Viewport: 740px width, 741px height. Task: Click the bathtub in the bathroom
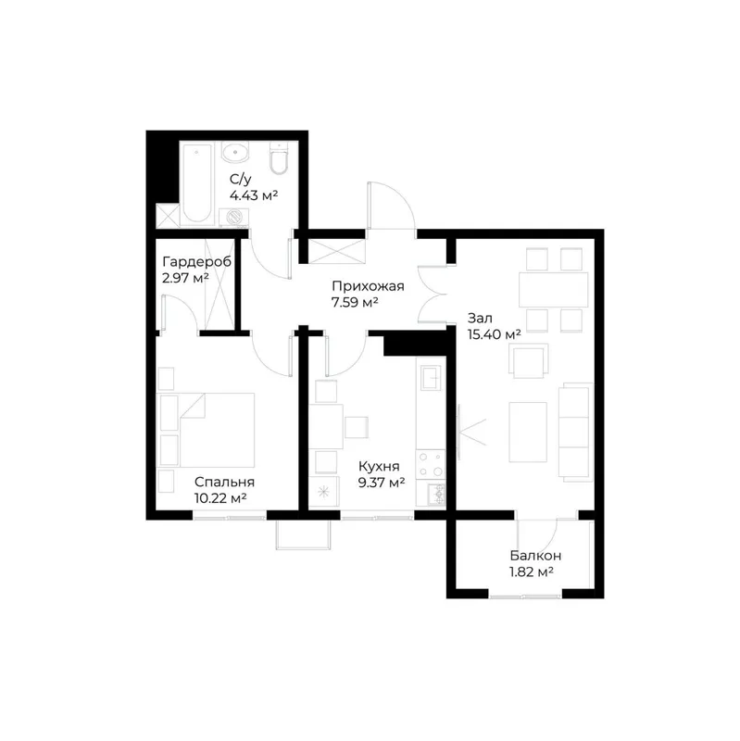pyautogui.click(x=197, y=182)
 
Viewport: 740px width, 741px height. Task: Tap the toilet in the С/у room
pyautogui.click(x=279, y=158)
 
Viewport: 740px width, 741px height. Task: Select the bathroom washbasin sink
pyautogui.click(x=234, y=153)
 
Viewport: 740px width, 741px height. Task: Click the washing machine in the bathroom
pyautogui.click(x=234, y=218)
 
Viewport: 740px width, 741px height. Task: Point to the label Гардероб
pyautogui.click(x=196, y=261)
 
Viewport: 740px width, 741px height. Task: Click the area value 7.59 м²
pyautogui.click(x=355, y=302)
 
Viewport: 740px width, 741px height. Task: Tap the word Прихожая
pyautogui.click(x=368, y=286)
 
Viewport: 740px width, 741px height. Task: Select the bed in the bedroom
pyautogui.click(x=206, y=430)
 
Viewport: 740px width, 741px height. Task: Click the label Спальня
pyautogui.click(x=224, y=482)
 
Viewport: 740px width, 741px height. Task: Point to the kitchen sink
pyautogui.click(x=431, y=377)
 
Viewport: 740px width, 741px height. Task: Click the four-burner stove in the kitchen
pyautogui.click(x=431, y=464)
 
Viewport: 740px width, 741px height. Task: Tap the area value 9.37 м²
pyautogui.click(x=382, y=483)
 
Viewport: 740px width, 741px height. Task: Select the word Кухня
pyautogui.click(x=379, y=467)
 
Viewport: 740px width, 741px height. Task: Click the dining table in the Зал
pyautogui.click(x=553, y=290)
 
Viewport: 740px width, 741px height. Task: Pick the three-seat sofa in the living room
pyautogui.click(x=575, y=432)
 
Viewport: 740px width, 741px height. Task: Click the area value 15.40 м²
pyautogui.click(x=495, y=334)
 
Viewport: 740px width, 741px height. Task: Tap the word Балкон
pyautogui.click(x=535, y=555)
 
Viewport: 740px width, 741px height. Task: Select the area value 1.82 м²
pyautogui.click(x=531, y=571)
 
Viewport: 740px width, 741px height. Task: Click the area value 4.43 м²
pyautogui.click(x=253, y=195)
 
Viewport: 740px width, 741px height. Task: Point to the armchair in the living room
pyautogui.click(x=529, y=360)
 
